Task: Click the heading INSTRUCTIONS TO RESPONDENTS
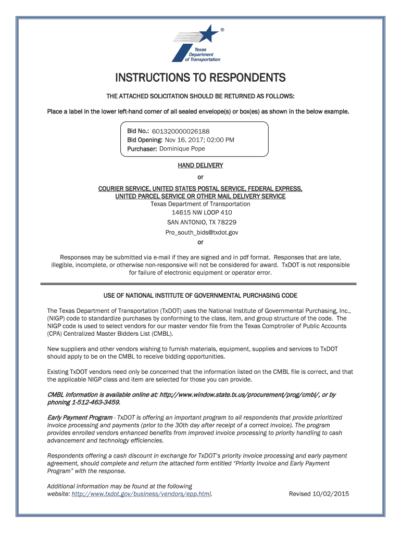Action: (200, 78)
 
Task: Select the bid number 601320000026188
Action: (181, 132)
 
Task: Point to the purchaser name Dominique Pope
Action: (182, 149)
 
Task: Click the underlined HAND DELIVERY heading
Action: (200, 166)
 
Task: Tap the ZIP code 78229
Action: (226, 222)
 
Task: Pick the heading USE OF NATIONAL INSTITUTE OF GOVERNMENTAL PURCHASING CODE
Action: (200, 296)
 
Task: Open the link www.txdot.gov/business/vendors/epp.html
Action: (142, 494)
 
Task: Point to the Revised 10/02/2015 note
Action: (319, 494)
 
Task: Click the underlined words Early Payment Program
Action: (80, 417)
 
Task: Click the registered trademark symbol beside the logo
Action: (222, 30)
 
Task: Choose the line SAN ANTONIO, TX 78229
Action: (200, 222)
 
